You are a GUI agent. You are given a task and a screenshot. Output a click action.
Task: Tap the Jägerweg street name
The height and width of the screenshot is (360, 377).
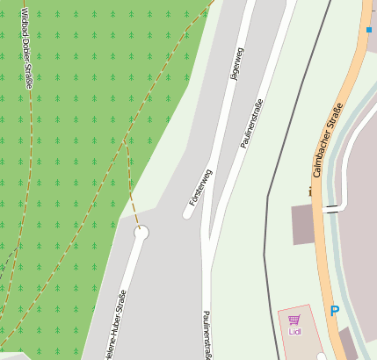(x=235, y=64)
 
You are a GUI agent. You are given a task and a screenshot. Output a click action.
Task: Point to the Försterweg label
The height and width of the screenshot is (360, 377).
(x=200, y=187)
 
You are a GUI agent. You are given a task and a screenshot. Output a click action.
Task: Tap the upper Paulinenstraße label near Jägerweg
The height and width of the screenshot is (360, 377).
(x=251, y=123)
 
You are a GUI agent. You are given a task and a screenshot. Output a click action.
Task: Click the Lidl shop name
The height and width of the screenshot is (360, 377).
(x=294, y=332)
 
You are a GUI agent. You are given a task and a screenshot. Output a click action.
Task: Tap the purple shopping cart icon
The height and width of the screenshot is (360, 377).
(x=294, y=320)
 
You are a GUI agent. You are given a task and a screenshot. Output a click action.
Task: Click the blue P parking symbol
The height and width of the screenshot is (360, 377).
(x=334, y=311)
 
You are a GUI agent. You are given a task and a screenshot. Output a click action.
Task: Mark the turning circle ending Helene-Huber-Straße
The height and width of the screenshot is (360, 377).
(x=141, y=233)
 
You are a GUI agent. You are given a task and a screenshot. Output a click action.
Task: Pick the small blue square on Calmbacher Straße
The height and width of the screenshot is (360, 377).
(x=369, y=30)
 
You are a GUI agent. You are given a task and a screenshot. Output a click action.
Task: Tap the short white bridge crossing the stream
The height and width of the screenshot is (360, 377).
(x=331, y=209)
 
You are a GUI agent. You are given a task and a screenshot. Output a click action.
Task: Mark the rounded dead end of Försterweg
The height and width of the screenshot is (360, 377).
(x=188, y=212)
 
